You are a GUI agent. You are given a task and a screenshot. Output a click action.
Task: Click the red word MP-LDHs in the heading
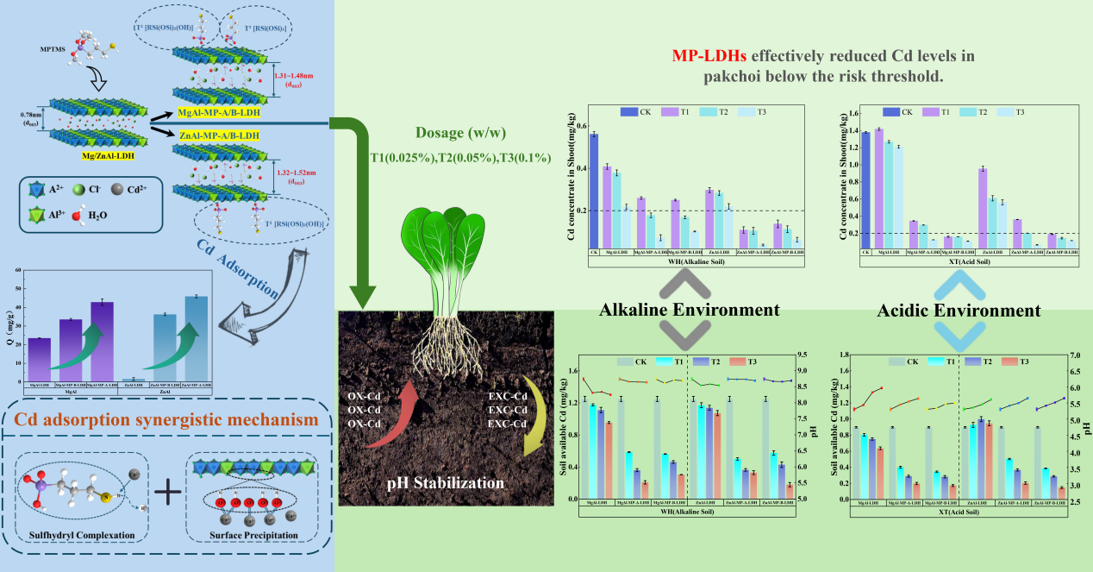point(711,57)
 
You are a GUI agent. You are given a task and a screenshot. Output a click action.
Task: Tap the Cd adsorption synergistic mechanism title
point(166,421)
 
